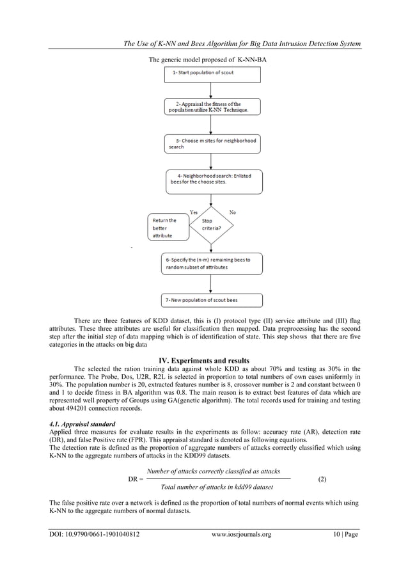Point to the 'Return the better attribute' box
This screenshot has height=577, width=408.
coord(168,227)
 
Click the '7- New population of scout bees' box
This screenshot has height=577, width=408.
coord(212,300)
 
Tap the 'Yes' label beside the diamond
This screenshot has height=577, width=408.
coord(193,212)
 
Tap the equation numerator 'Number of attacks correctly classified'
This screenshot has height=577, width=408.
coord(213,471)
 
